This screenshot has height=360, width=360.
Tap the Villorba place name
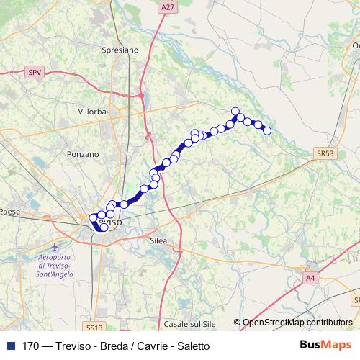[93, 112]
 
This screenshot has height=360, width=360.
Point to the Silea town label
[158, 241]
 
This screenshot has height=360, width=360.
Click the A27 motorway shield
[168, 6]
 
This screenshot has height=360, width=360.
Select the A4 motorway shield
[310, 277]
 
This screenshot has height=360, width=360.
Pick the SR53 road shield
[325, 153]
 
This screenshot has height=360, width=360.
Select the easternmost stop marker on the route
[266, 130]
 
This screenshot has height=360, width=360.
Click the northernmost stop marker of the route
[235, 111]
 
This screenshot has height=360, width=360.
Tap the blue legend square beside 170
[9, 346]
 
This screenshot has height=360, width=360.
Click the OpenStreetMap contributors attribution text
[297, 323]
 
